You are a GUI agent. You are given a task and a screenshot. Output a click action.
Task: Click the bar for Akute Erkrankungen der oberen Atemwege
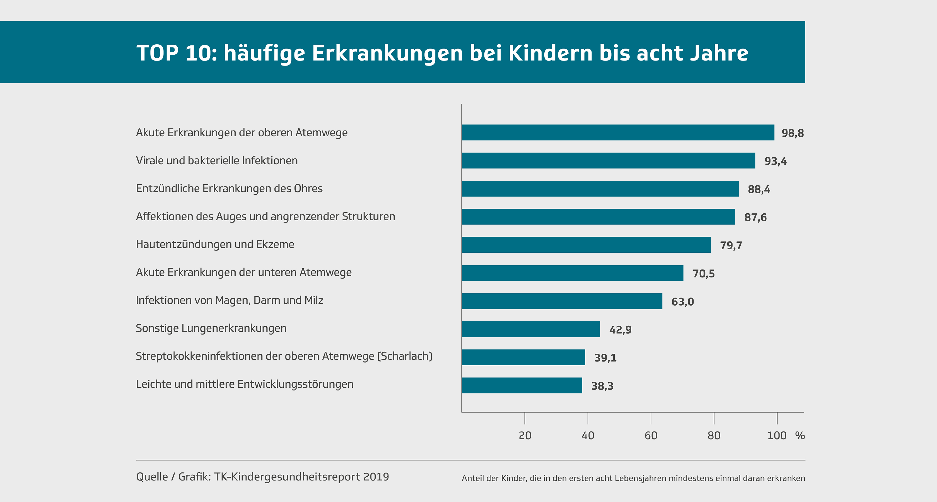pos(618,132)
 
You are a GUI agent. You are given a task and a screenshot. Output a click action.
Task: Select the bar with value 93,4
pos(608,160)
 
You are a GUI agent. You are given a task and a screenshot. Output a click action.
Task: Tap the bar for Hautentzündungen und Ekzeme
pos(586,245)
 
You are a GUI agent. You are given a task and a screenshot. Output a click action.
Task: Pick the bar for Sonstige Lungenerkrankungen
pos(531,329)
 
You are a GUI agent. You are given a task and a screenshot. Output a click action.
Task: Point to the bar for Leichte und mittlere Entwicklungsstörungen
pos(521,385)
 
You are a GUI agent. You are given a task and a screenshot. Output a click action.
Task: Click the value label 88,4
pos(759,189)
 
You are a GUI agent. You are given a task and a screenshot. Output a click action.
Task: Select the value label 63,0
pos(682,301)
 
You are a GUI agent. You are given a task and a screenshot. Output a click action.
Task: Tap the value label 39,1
pos(605,358)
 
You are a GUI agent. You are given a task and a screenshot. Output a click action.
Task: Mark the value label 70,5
pos(704,273)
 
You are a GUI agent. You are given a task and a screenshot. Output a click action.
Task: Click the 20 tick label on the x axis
pos(525,435)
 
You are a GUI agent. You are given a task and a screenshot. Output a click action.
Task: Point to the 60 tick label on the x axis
pos(651,435)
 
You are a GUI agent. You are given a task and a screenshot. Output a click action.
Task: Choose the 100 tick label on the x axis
pos(777,435)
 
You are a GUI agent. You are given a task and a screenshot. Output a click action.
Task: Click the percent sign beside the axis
pos(800,435)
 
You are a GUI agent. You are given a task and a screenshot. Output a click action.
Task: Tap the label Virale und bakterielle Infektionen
pos(217,160)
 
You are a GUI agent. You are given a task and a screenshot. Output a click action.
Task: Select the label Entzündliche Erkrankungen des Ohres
pos(229,189)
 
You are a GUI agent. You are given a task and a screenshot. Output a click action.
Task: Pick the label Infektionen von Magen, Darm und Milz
pos(230,300)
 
